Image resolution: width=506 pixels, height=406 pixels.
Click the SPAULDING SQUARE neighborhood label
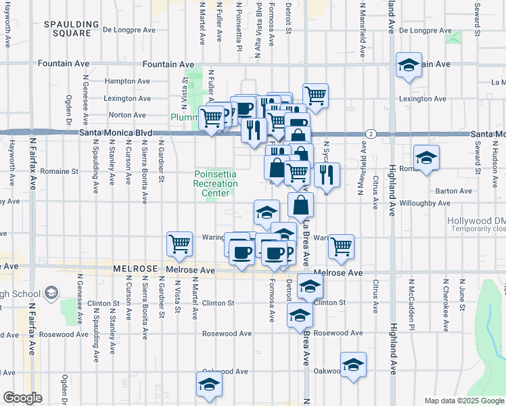tap(67, 28)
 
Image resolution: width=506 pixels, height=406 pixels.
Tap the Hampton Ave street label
tap(127, 81)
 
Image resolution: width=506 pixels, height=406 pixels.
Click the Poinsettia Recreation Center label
tap(215, 183)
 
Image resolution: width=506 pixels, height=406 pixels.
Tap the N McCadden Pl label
tap(411, 295)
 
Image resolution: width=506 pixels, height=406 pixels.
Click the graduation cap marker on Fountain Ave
tap(409, 65)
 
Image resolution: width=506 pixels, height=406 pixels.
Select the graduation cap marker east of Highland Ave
tap(426, 158)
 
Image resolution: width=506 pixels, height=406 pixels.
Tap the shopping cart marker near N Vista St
tap(179, 243)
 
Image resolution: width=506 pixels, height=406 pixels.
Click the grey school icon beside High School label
tap(51, 294)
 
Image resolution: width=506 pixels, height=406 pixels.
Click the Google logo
tap(22, 397)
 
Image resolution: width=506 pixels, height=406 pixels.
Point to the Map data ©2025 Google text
tap(464, 401)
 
